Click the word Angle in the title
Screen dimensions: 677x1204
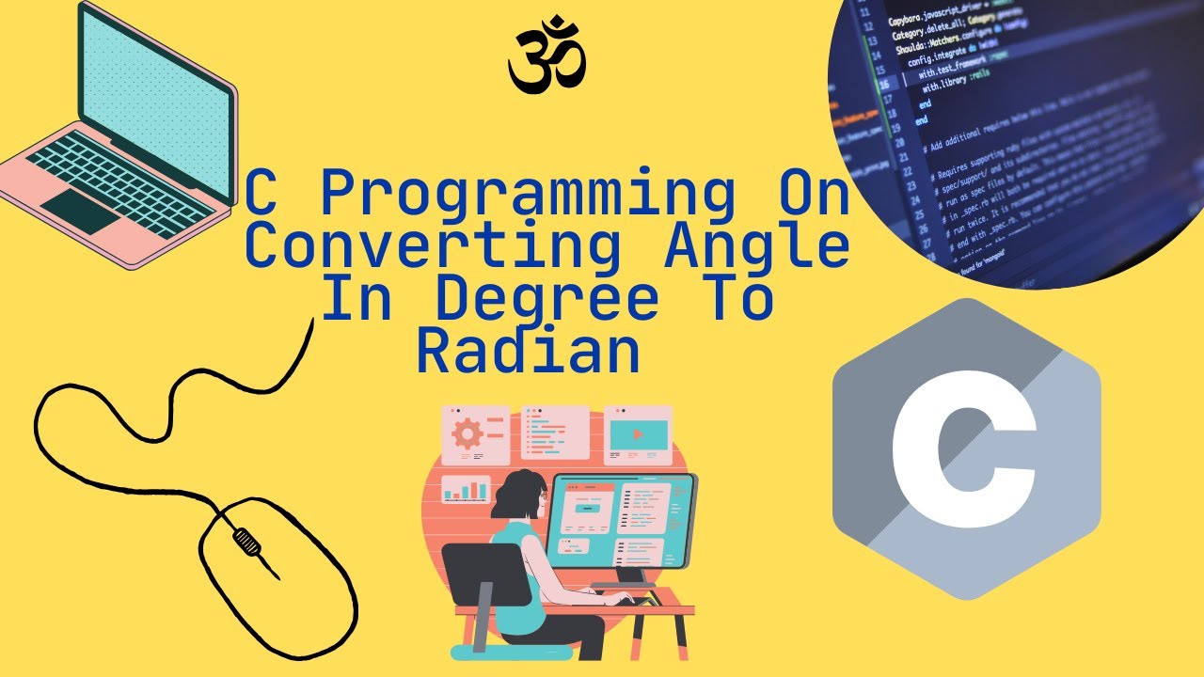click(x=757, y=247)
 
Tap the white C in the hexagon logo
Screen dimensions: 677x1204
click(x=962, y=449)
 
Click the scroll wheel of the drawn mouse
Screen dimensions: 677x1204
click(x=246, y=540)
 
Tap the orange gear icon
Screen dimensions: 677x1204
click(x=467, y=434)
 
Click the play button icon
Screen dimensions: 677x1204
click(x=639, y=434)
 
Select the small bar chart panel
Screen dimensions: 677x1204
click(x=467, y=488)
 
